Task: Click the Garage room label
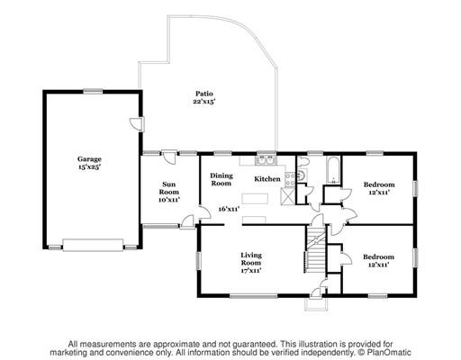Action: click(89, 159)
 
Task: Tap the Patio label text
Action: click(204, 94)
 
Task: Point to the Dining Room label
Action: click(221, 179)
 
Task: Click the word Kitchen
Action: click(267, 179)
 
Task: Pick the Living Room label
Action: click(251, 259)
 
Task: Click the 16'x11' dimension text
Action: click(229, 209)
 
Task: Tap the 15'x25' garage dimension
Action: click(89, 167)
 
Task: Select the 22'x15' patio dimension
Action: click(204, 102)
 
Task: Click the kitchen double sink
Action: click(266, 160)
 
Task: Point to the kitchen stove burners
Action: click(290, 179)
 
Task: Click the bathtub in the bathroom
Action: click(333, 170)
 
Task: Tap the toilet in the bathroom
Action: click(303, 161)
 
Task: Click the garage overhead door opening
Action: click(93, 245)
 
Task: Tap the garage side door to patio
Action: click(138, 124)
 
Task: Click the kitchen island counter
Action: click(255, 199)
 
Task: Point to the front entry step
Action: click(316, 304)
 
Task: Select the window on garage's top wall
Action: click(93, 91)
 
